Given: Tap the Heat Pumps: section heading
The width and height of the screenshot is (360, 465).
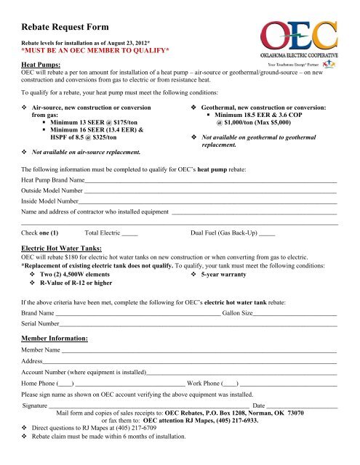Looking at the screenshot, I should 47,65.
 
